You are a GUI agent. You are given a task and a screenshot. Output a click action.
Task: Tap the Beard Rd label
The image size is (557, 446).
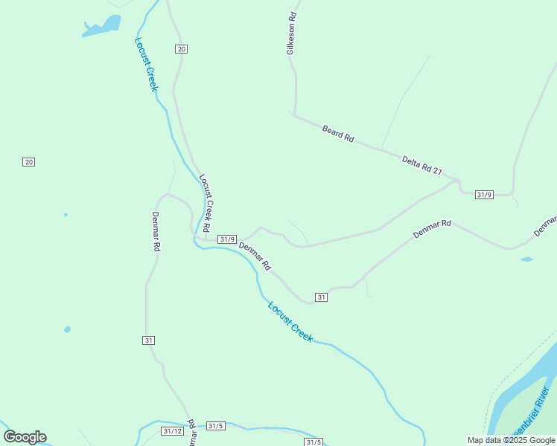pyautogui.click(x=338, y=134)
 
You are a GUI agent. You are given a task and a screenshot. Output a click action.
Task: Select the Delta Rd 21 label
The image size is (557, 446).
pyautogui.click(x=421, y=165)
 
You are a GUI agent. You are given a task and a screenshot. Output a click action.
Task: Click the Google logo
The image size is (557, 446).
pyautogui.click(x=25, y=437)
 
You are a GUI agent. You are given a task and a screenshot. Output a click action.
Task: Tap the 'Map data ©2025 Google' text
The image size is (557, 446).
pyautogui.click(x=512, y=440)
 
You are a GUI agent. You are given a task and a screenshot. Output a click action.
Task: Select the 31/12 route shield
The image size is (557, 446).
pyautogui.click(x=172, y=431)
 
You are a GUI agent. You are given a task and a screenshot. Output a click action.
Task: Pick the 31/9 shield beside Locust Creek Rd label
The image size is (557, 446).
pyautogui.click(x=227, y=239)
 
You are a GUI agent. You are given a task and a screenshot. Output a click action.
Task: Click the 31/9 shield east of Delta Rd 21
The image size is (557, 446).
pyautogui.click(x=484, y=195)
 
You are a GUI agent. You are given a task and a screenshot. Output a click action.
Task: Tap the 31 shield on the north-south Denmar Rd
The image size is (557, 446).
pyautogui.click(x=149, y=340)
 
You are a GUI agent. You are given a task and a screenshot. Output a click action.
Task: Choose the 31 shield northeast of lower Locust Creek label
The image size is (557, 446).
pyautogui.click(x=321, y=297)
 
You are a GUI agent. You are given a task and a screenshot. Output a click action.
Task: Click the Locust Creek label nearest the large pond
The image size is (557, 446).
pyautogui.click(x=147, y=64)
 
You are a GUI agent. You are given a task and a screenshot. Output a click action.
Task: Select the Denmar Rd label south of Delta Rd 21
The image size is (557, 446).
pyautogui.click(x=433, y=228)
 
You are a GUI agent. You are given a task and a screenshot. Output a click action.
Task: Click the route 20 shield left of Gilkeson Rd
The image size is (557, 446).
pyautogui.click(x=182, y=49)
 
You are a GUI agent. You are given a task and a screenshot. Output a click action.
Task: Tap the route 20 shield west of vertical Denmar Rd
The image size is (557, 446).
pyautogui.click(x=29, y=162)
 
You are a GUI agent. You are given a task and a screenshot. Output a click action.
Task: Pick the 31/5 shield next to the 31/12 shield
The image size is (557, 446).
pyautogui.click(x=215, y=426)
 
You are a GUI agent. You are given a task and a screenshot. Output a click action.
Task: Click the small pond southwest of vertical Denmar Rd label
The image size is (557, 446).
pyautogui.click(x=67, y=329)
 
